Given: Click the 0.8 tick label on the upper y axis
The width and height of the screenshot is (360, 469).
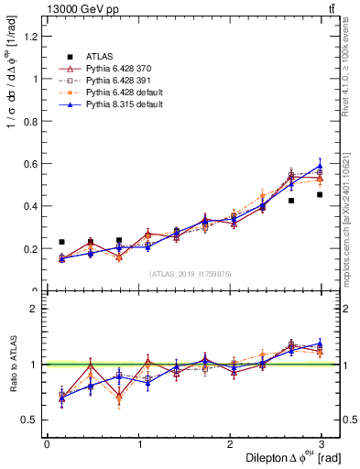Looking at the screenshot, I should coord(32,121).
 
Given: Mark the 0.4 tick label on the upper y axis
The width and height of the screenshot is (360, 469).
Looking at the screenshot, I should coord(32,206).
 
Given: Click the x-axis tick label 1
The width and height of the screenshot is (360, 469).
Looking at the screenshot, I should coord(138,444).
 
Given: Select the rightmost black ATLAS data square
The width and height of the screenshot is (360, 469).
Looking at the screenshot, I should coord(320,194).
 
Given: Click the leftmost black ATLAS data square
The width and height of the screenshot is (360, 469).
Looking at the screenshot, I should coord(61,242).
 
